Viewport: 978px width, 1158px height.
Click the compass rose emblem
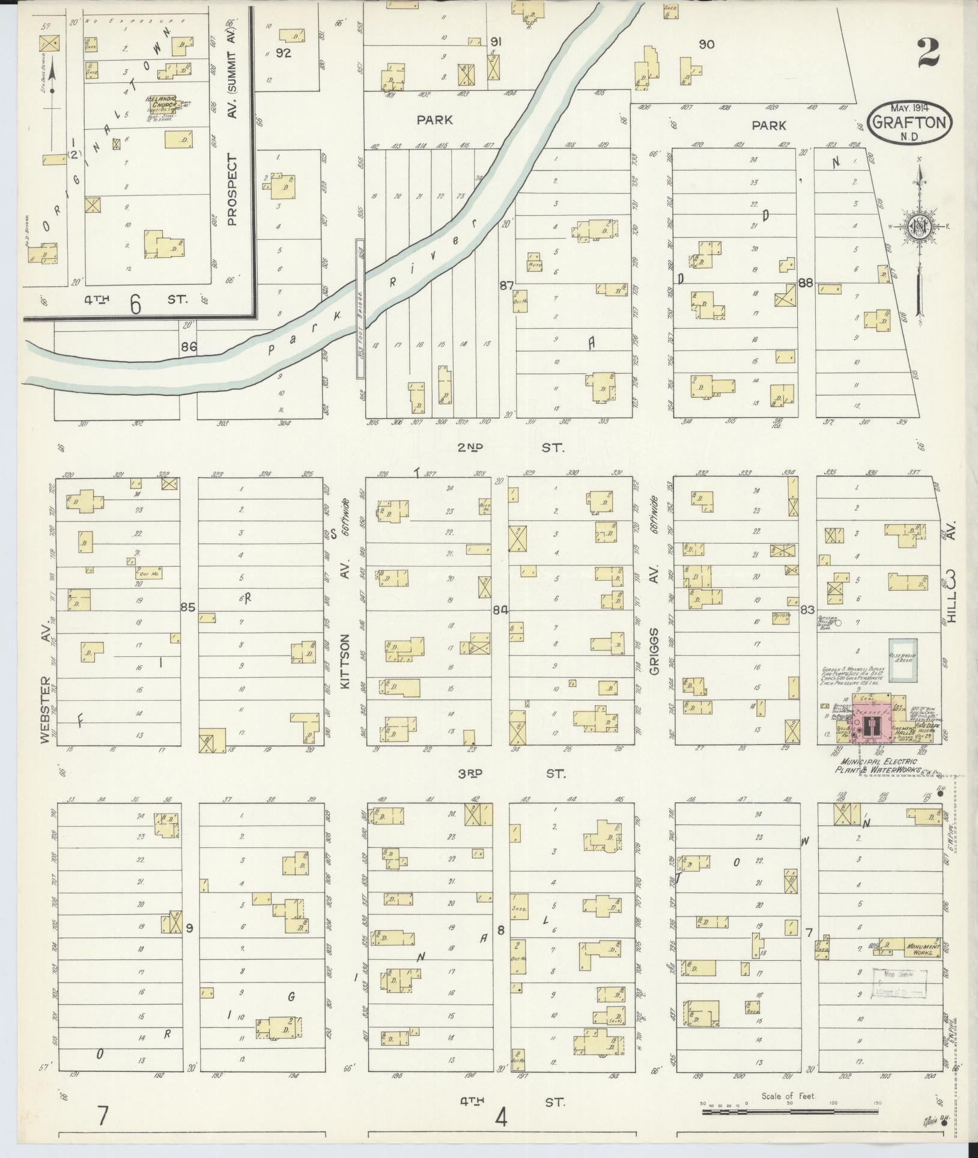[x=918, y=225]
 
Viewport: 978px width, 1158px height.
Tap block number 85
[x=188, y=608]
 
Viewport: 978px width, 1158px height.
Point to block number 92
[x=284, y=53]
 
